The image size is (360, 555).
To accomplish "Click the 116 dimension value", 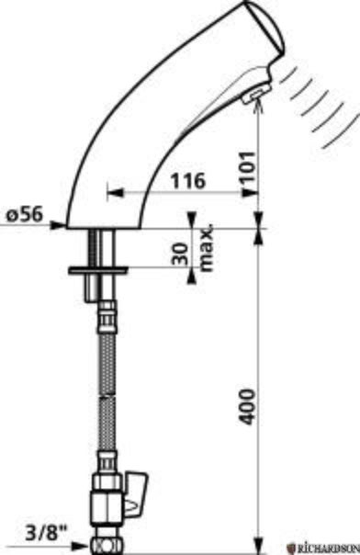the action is tap(187, 180).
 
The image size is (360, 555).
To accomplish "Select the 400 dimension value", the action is tap(246, 407).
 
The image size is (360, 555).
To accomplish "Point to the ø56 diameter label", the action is tap(24, 214).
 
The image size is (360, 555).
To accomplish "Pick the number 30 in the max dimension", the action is tap(180, 254).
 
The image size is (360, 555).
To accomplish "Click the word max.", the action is tap(208, 247).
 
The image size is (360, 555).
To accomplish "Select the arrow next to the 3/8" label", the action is tap(79, 546).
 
